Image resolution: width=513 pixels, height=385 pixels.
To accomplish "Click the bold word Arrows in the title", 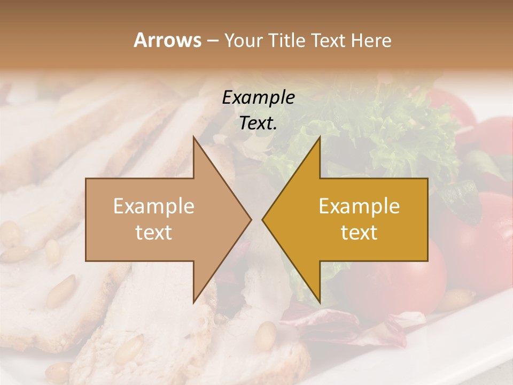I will tap(167, 40).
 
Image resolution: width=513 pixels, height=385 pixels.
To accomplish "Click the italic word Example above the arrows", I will tap(259, 97).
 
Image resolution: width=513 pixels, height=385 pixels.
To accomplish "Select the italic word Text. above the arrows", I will tap(259, 123).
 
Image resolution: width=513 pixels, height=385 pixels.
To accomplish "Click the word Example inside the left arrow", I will tap(154, 206).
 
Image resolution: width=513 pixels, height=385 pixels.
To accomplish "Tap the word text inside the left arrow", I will tap(154, 232).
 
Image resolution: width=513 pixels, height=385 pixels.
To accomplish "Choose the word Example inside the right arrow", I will tap(359, 206).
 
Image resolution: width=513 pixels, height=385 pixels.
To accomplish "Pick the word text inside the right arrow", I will tap(359, 232).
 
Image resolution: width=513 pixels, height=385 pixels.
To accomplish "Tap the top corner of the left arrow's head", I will tap(194, 138).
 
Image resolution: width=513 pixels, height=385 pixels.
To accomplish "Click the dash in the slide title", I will tap(212, 41).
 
